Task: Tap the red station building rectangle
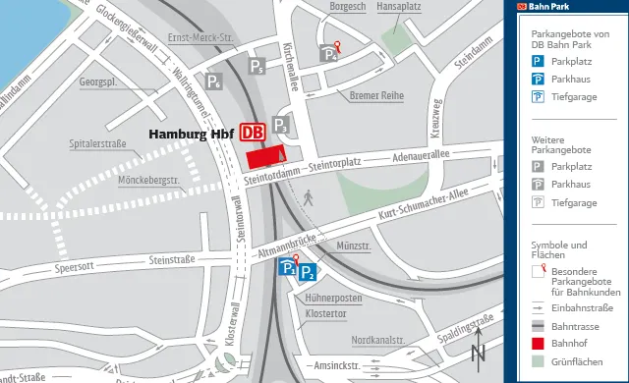point(265,156)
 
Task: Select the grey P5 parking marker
point(257,67)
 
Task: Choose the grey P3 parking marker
point(280,125)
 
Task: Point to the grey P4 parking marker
point(328,55)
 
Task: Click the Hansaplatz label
point(399,6)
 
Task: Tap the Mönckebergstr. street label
point(147,181)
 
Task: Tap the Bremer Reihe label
point(377,96)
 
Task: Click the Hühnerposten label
point(334,298)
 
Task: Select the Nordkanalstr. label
point(378,341)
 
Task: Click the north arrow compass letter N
point(478,353)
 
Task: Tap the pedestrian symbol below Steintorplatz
point(308,197)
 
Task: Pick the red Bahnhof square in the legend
point(538,344)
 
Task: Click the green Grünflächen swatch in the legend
point(538,362)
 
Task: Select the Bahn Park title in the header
point(550,6)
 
